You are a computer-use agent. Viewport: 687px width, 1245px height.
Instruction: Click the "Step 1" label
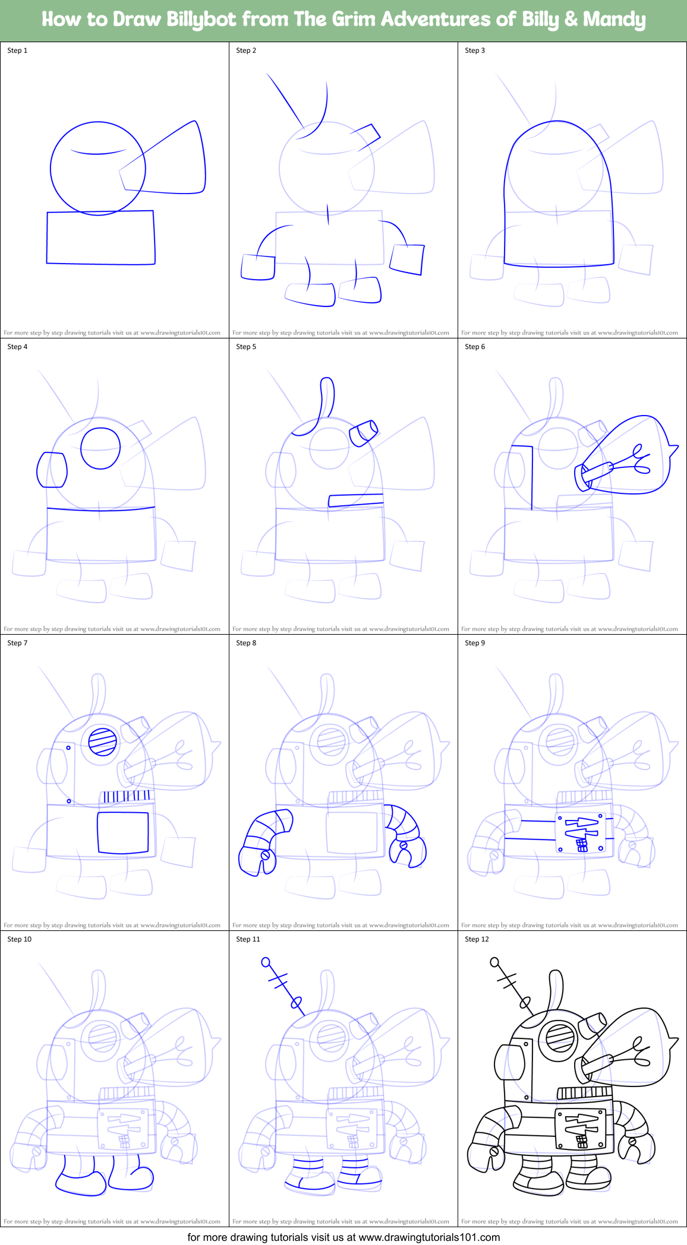point(17,50)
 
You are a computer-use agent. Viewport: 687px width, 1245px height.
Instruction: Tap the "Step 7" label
point(17,643)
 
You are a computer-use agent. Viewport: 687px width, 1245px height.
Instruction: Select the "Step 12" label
point(477,939)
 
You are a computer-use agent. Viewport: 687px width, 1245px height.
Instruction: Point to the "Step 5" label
point(246,347)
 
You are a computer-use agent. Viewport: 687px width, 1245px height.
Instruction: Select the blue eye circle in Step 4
point(100,448)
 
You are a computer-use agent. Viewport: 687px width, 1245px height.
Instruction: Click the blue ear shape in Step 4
point(52,470)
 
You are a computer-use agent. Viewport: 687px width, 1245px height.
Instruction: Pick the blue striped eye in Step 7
point(103,742)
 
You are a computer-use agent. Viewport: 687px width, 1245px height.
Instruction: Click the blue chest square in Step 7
point(123,832)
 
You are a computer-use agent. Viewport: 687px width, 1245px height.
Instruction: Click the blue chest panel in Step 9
point(581,834)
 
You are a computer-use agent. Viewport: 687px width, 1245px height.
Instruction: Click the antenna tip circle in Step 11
point(266,962)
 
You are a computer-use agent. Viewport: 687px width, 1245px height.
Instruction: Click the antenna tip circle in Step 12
point(494,962)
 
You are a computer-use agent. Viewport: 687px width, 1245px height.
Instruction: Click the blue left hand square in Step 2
point(258,267)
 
